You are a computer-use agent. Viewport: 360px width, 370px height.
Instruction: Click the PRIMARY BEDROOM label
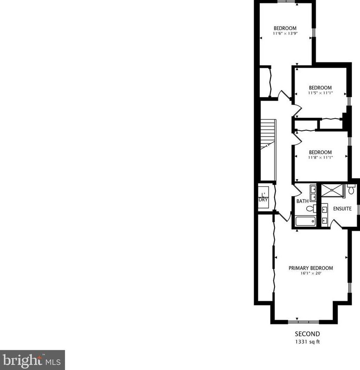click(311, 268)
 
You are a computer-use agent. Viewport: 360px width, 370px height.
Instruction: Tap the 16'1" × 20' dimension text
click(311, 274)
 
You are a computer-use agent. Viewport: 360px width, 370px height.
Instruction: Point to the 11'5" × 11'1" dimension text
click(320, 93)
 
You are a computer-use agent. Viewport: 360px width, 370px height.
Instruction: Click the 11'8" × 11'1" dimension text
click(320, 157)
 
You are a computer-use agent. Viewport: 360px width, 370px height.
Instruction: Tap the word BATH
click(302, 201)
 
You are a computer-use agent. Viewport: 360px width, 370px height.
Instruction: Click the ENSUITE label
click(342, 209)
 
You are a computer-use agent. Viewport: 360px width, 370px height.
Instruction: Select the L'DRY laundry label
click(263, 197)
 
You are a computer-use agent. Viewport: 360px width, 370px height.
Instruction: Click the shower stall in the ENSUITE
click(332, 191)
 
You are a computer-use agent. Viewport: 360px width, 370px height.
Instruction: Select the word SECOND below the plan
click(307, 334)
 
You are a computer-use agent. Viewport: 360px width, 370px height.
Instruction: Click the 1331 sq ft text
click(307, 342)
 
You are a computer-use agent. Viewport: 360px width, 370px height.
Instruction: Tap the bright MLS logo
click(32, 360)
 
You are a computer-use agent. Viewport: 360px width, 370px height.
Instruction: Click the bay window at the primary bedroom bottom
click(304, 322)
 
